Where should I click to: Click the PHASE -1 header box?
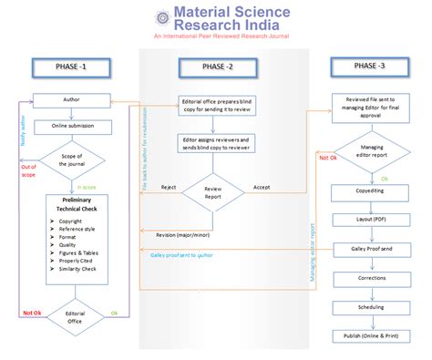pyautogui.click(x=73, y=68)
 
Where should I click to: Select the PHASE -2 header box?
pyautogui.click(x=217, y=67)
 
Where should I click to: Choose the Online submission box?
pyautogui.click(x=71, y=126)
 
